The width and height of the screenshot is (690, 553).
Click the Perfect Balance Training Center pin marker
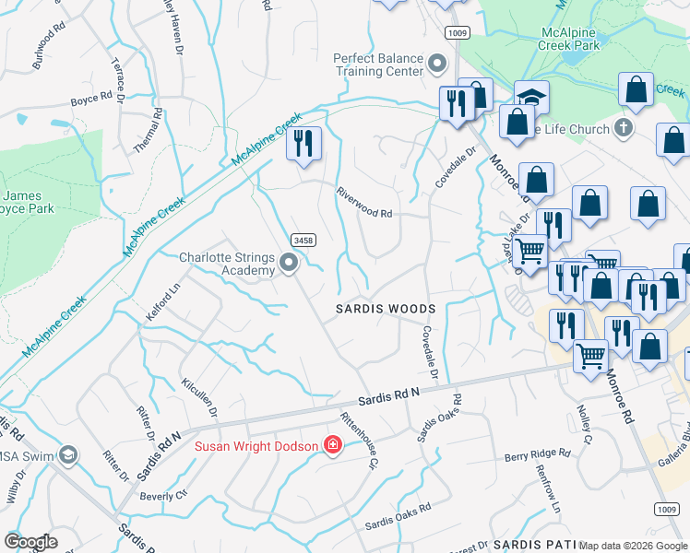point(437,65)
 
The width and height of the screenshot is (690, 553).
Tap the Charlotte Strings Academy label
point(227,264)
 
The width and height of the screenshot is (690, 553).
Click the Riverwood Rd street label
point(364,202)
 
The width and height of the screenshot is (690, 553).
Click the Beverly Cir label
point(162,495)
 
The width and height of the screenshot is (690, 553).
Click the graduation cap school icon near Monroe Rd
point(531,97)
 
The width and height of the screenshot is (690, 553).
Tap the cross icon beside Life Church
point(624,128)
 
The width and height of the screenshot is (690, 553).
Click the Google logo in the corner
point(30,541)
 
